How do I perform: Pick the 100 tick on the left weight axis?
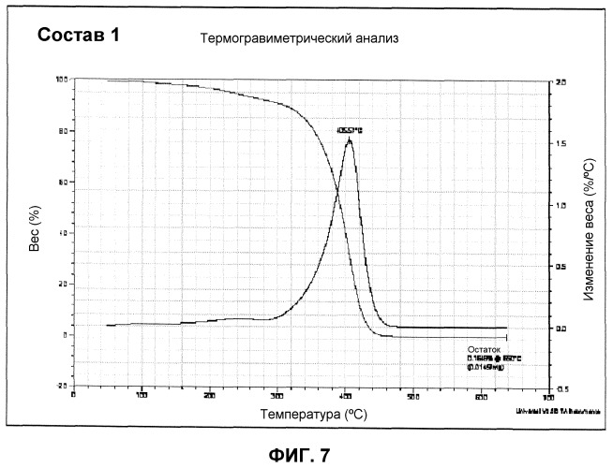tap(63, 80)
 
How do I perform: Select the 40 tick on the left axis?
tap(65, 233)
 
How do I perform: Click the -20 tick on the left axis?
tap(63, 386)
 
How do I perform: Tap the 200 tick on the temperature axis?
tap(209, 397)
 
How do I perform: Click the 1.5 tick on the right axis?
tap(560, 144)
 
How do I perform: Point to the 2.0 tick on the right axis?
tap(560, 82)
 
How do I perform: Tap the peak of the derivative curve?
tap(350, 139)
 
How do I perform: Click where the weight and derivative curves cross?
tap(337, 192)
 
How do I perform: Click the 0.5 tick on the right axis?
tap(560, 267)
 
